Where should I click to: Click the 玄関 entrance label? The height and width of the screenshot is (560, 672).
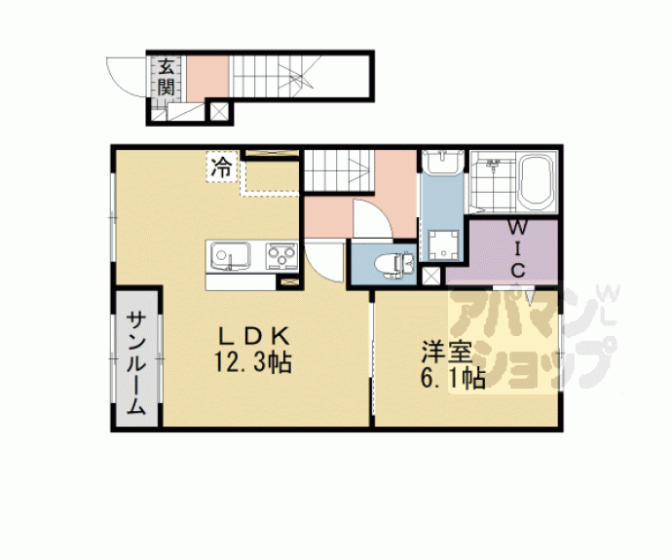pyautogui.click(x=166, y=77)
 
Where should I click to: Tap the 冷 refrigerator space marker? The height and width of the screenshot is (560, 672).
pyautogui.click(x=222, y=168)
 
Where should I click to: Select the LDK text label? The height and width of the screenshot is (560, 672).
pyautogui.click(x=254, y=336)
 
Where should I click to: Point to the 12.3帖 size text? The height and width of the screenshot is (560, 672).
pyautogui.click(x=253, y=363)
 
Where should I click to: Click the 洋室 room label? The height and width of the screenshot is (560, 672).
pyautogui.click(x=447, y=353)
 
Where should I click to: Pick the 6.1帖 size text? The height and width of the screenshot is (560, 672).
pyautogui.click(x=453, y=378)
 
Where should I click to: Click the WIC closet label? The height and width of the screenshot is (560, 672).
pyautogui.click(x=518, y=248)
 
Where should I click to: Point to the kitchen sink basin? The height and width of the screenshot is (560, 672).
pyautogui.click(x=229, y=256)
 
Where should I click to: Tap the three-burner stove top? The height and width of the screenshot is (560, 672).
pyautogui.click(x=281, y=256)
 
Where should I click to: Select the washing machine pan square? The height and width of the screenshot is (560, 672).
pyautogui.click(x=444, y=244)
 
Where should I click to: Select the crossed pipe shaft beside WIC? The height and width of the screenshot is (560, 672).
pyautogui.click(x=430, y=276)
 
